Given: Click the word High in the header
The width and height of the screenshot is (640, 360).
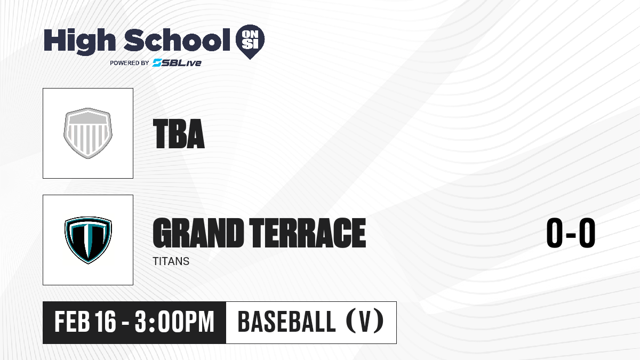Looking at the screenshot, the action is click(79, 42).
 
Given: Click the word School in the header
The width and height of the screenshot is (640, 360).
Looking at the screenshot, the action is click(177, 39).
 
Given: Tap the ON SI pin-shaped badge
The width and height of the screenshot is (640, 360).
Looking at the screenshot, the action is click(250, 42).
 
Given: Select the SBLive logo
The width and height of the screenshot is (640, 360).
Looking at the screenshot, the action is click(177, 63).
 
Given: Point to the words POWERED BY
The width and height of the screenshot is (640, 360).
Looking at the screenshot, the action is click(130, 63).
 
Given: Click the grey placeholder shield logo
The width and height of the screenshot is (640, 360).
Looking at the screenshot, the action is click(88, 133).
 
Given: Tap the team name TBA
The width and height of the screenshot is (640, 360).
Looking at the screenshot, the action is click(179, 134).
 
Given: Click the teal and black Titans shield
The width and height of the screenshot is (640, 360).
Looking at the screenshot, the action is click(88, 240).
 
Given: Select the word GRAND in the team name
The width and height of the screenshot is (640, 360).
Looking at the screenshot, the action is click(198, 233).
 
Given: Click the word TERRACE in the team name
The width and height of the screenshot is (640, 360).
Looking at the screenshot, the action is click(307, 233).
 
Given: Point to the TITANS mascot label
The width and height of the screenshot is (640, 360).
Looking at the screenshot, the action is click(171, 261).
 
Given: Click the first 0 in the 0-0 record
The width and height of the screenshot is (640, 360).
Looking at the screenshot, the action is click(555, 233).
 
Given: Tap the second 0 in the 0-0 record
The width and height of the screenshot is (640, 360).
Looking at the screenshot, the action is click(587, 233).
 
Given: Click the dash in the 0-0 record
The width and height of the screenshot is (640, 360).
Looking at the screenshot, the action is click(571, 235).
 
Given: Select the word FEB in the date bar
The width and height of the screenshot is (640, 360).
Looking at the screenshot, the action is click(73, 322).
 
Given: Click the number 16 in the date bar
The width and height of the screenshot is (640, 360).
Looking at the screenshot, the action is click(106, 322).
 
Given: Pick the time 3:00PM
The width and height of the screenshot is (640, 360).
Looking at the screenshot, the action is click(174, 322).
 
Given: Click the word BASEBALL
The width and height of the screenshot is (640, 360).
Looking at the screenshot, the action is click(286, 322).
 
